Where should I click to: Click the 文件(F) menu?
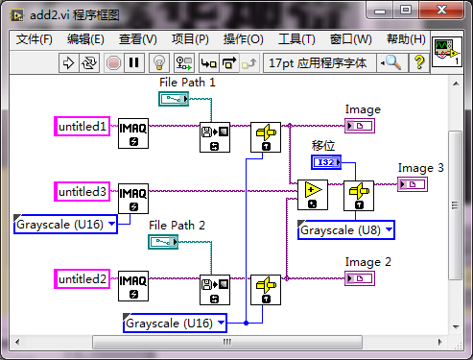(x=35, y=39)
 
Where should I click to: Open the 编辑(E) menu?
(x=85, y=39)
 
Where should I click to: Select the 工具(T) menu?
(x=296, y=39)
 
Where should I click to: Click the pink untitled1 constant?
(x=83, y=126)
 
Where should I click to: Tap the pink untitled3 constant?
(x=83, y=192)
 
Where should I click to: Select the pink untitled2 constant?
(x=83, y=279)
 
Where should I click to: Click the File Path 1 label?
(x=187, y=83)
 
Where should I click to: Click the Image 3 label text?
(x=421, y=168)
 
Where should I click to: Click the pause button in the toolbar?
(x=133, y=62)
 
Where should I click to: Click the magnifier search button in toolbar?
(x=393, y=62)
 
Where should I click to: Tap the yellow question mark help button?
(x=419, y=62)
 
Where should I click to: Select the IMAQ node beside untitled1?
(x=133, y=134)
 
